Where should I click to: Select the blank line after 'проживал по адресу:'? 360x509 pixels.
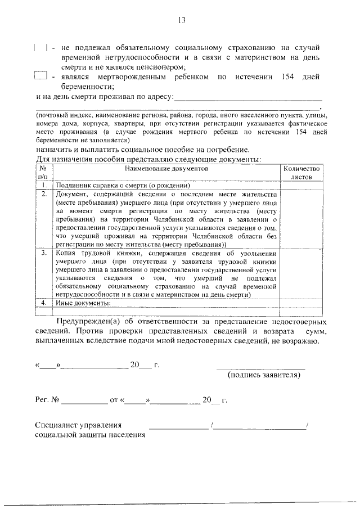pyautogui.click(x=248, y=100)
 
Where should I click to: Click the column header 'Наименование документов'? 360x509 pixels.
pyautogui.click(x=166, y=168)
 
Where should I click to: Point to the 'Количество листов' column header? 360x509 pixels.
pyautogui.click(x=301, y=172)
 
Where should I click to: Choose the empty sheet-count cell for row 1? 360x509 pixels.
pyautogui.click(x=301, y=185)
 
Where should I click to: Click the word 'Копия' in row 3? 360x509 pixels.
pyautogui.click(x=66, y=253)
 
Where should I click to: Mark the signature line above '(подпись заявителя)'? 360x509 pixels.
pyautogui.click(x=261, y=368)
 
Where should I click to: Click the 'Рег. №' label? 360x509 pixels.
pyautogui.click(x=47, y=400)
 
